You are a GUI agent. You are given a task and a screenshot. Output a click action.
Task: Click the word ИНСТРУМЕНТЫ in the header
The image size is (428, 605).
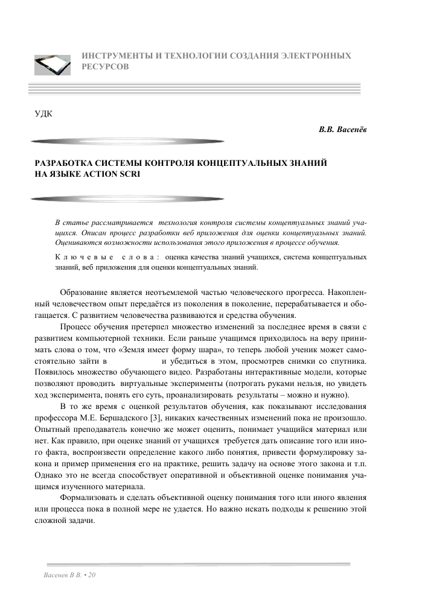click(110, 55)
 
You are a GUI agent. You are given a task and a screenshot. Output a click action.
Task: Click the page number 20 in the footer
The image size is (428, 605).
click(92, 576)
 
